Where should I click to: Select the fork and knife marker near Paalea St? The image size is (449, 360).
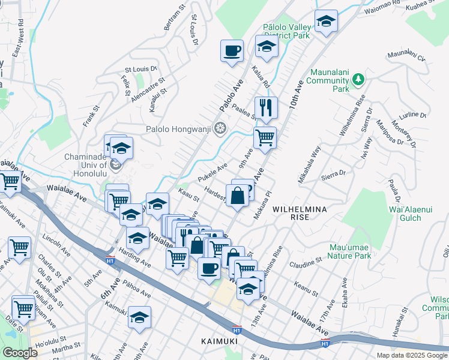tap(266, 108)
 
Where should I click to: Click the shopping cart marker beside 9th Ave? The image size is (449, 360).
tap(265, 137)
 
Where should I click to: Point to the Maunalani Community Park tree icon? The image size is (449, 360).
tap(358, 79)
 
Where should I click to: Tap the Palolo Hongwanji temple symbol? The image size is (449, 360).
tap(220, 128)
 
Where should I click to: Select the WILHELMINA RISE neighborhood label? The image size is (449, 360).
tap(300, 212)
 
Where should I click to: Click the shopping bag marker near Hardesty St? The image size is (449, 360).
tap(238, 196)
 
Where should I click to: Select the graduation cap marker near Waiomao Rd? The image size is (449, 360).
tap(326, 22)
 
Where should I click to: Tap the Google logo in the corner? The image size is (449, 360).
tap(20, 353)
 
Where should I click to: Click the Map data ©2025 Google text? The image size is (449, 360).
tap(412, 355)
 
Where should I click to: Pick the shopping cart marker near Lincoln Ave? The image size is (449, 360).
tap(20, 247)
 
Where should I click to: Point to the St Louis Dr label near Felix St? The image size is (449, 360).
tap(140, 69)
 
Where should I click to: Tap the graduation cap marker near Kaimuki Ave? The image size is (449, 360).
tap(139, 317)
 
